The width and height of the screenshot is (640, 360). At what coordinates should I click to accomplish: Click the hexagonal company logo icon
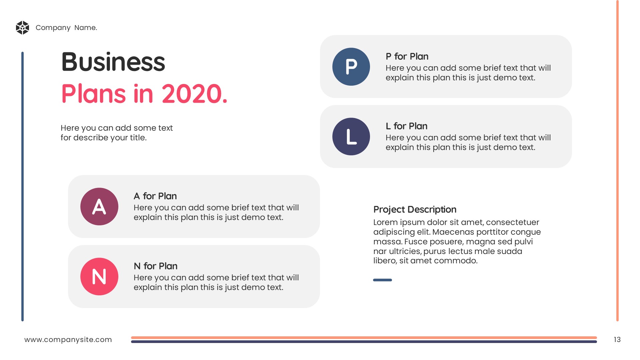tap(23, 28)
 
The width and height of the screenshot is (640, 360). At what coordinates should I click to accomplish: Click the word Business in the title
tap(113, 62)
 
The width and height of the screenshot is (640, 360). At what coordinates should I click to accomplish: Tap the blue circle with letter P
tap(351, 67)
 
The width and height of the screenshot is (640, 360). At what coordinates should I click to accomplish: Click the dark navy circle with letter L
tap(351, 136)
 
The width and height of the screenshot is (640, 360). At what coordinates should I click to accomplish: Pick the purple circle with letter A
tap(99, 206)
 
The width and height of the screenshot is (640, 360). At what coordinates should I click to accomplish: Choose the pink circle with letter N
tap(99, 276)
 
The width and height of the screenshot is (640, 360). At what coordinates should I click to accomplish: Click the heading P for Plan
tap(407, 56)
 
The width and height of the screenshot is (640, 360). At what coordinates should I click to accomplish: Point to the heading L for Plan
tap(406, 126)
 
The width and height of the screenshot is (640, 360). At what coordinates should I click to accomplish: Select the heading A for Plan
tap(155, 196)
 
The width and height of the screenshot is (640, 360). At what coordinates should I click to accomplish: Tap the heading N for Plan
tap(155, 266)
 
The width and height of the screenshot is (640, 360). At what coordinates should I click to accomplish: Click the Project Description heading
tap(415, 209)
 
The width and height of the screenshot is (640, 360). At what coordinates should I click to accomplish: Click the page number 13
tap(617, 340)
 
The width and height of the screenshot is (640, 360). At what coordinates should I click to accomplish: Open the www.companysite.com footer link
tap(68, 340)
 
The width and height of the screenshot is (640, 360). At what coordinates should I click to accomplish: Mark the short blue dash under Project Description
tap(382, 280)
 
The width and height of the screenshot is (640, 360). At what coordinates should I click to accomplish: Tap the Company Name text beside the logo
tap(66, 28)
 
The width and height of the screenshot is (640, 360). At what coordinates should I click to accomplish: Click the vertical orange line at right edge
tap(617, 161)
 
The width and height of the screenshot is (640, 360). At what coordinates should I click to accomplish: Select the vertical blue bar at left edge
tap(23, 186)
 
